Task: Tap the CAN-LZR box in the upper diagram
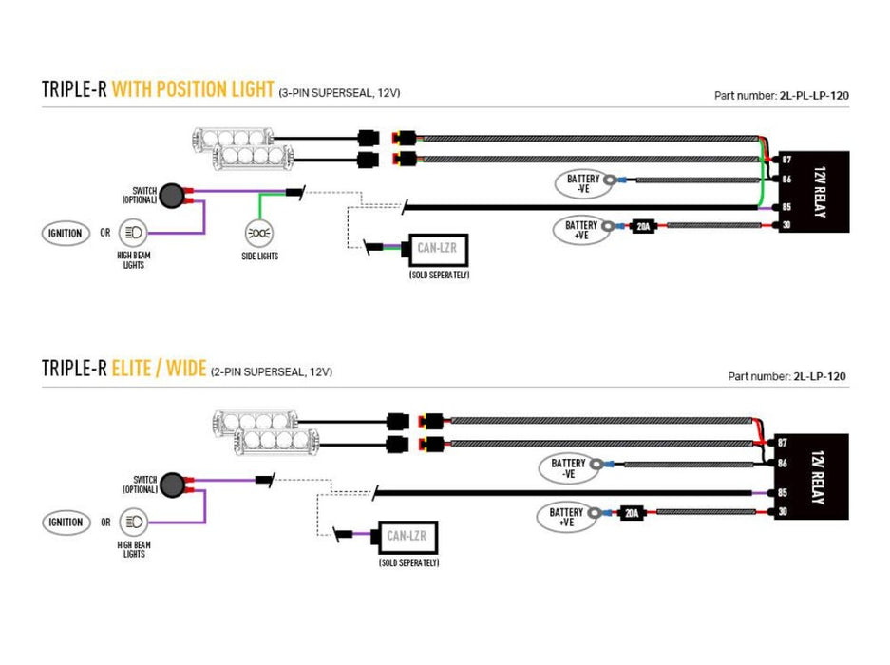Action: [x=438, y=250]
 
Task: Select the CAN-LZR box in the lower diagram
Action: [x=408, y=538]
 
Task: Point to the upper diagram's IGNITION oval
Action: [x=65, y=233]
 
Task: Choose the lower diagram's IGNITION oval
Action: [x=65, y=522]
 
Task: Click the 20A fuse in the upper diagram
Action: [x=643, y=226]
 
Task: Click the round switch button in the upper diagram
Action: [x=171, y=195]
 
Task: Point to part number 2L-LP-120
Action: [x=820, y=376]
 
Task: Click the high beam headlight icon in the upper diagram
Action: [x=132, y=233]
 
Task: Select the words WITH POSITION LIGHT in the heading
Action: [x=192, y=89]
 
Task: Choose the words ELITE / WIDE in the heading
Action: [x=159, y=368]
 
